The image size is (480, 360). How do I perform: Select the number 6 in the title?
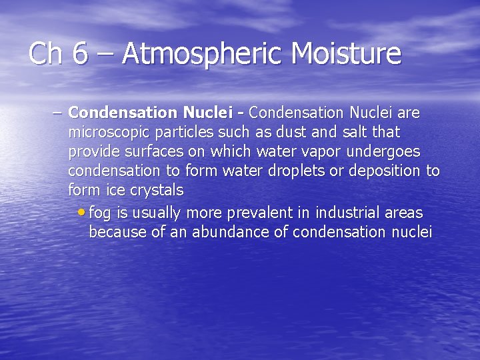(x=80, y=53)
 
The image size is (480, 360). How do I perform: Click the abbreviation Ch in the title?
(x=45, y=53)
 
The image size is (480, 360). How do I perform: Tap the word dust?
(x=284, y=133)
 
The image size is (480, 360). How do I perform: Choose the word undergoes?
(x=384, y=152)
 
